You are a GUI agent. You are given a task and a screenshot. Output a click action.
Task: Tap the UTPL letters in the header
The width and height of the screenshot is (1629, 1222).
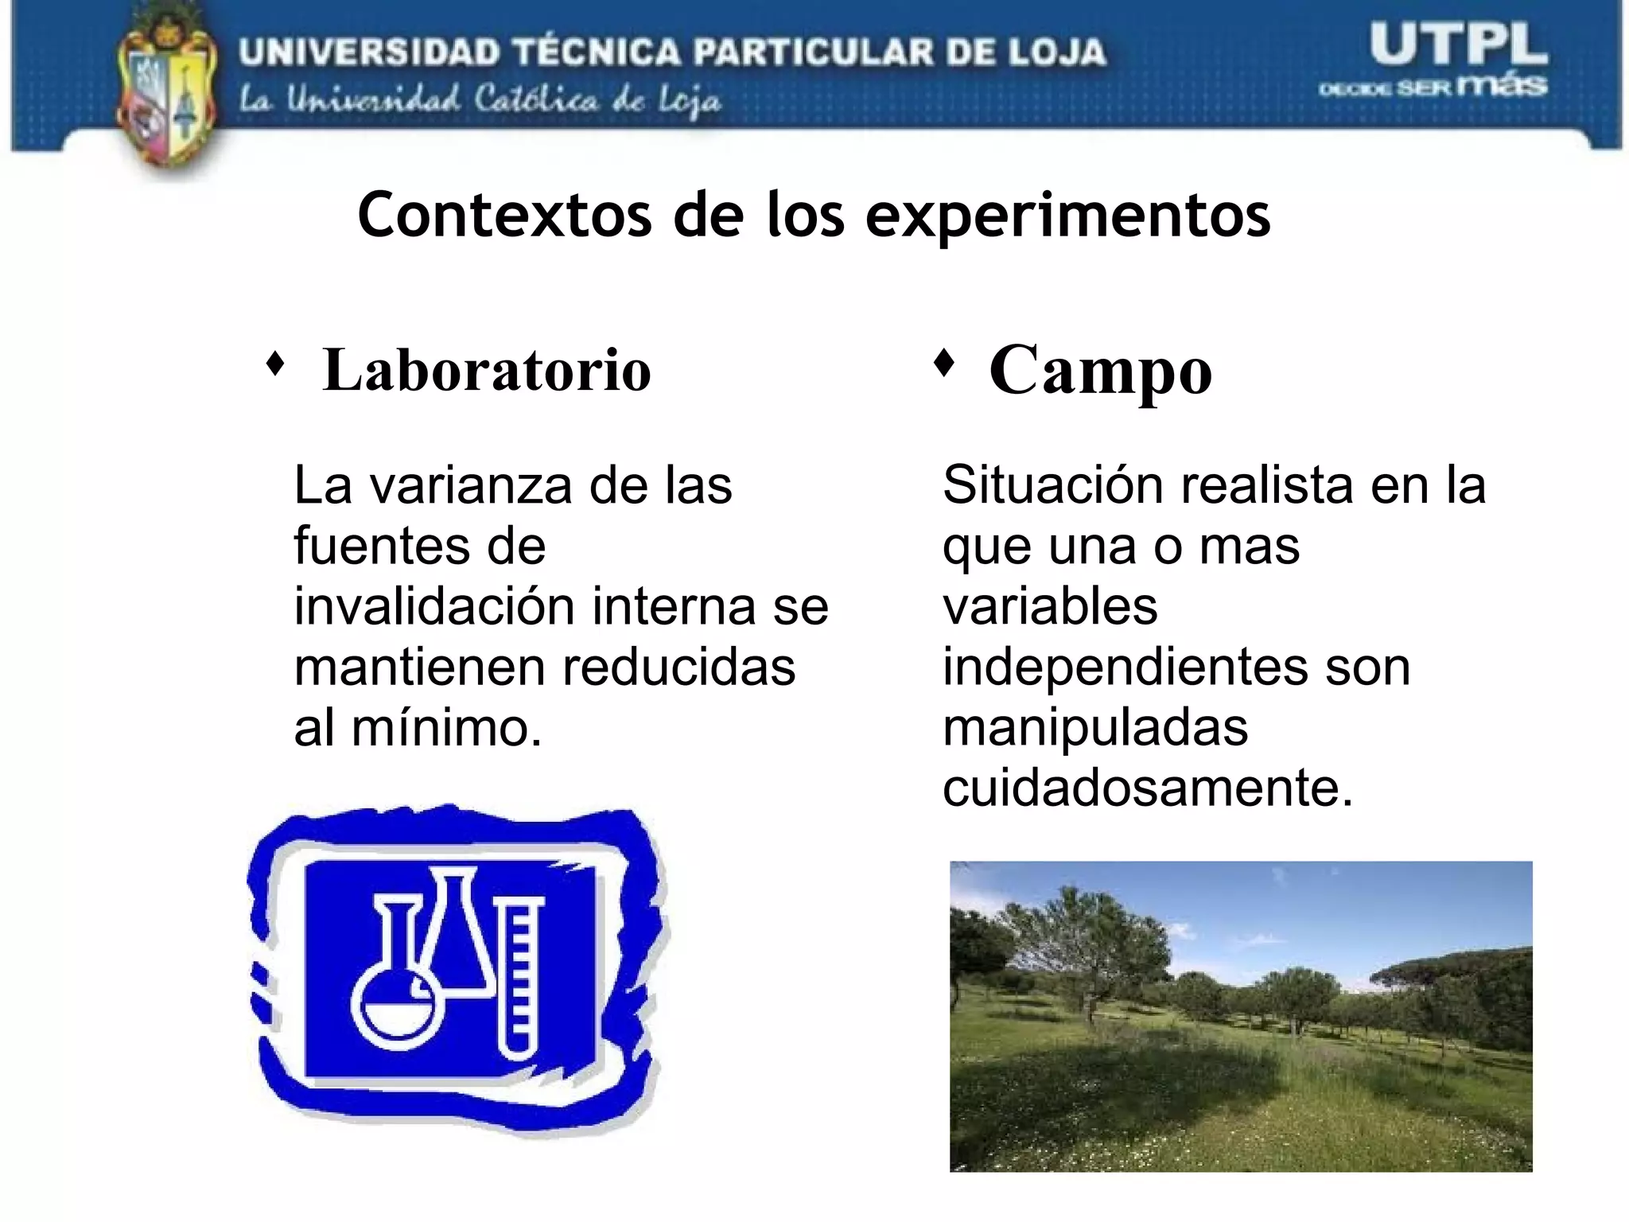click(1458, 46)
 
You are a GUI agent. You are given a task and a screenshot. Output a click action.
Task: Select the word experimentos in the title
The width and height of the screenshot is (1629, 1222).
click(1067, 216)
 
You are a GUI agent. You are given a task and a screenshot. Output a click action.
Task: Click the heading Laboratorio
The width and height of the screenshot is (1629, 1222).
click(487, 370)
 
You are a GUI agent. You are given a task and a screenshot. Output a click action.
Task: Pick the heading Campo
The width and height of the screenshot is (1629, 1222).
click(1100, 370)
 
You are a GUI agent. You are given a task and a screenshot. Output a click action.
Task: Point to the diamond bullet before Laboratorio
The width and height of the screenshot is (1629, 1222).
click(275, 364)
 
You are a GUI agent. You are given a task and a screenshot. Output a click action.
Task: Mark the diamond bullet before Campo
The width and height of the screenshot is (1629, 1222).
click(943, 363)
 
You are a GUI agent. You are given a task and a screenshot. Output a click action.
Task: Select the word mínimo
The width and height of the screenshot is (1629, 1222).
click(446, 728)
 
